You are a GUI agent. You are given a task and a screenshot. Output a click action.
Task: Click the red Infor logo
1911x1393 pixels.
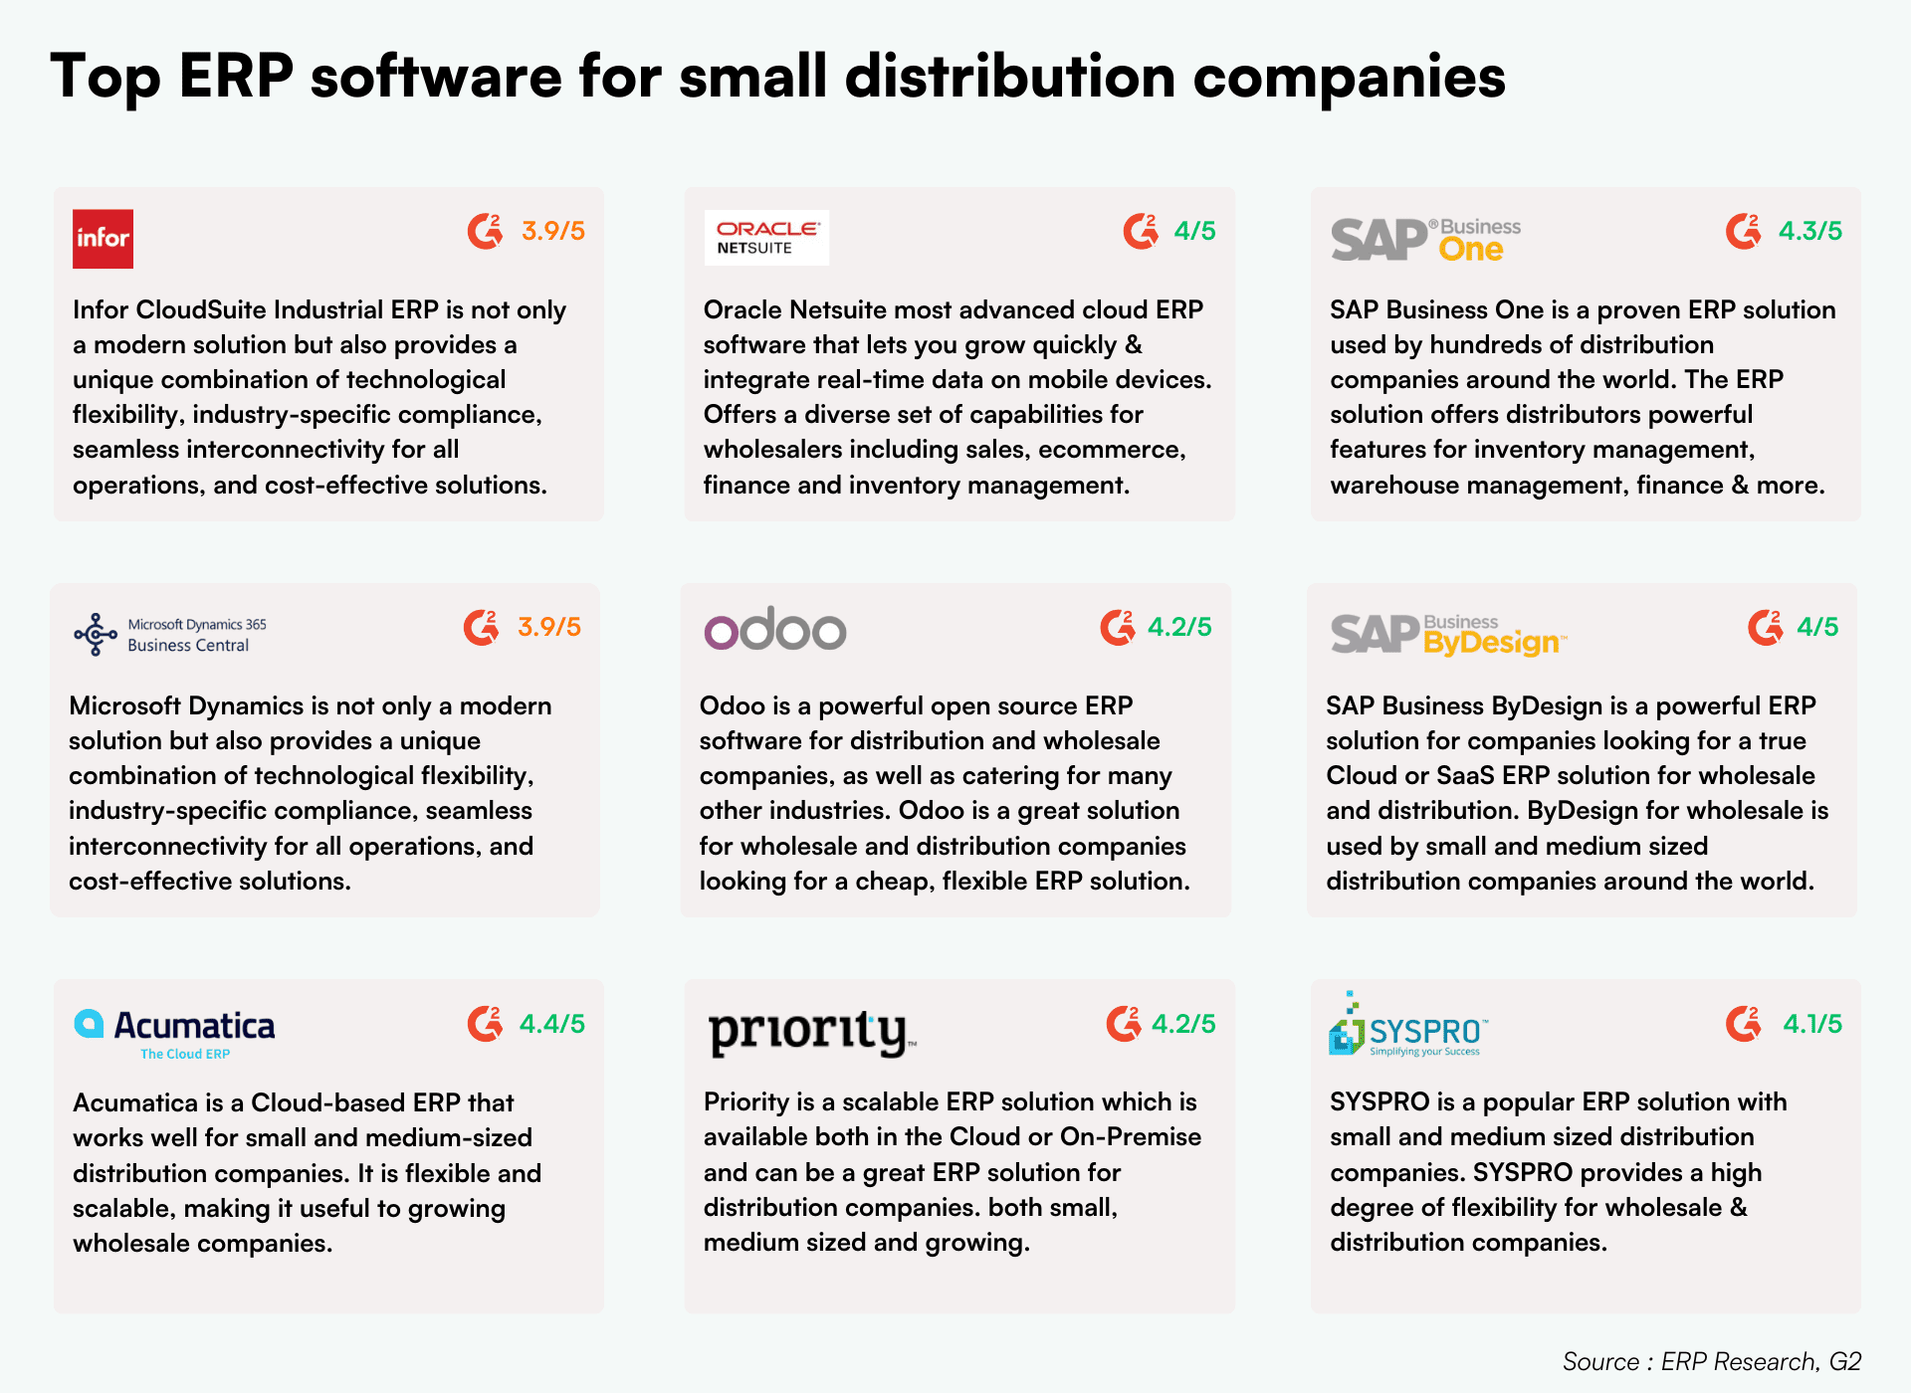103,239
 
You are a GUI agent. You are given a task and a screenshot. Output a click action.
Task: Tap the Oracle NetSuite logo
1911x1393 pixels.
766,238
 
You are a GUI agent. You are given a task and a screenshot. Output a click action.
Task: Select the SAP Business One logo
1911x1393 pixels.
1425,240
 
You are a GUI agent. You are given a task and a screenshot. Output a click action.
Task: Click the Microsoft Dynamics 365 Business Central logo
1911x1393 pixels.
170,634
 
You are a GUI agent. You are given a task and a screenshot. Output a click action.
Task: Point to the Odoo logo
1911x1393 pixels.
774,630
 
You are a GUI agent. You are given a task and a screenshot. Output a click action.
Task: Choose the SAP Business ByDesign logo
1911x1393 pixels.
1447,635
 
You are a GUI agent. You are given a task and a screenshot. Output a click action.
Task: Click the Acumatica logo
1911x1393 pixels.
175,1032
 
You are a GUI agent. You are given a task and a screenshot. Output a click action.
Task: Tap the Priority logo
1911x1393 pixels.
810,1032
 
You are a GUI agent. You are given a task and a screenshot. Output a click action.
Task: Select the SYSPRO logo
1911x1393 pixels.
1407,1026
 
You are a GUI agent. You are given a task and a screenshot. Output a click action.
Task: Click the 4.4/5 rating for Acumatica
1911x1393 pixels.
551,1024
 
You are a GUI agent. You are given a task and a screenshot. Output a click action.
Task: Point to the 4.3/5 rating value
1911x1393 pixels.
1809,231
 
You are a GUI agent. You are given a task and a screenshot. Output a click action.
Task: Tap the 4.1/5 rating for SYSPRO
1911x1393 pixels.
1811,1024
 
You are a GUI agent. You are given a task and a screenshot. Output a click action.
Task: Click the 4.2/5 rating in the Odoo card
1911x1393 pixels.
1179,627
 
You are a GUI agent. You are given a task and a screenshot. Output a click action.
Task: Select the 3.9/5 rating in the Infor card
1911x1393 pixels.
552,231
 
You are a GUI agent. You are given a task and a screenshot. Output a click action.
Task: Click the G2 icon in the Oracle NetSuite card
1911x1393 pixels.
1141,231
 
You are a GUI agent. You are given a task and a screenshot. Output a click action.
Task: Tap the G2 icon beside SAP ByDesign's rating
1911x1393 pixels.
1765,627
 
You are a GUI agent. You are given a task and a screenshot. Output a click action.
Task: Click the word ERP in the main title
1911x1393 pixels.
236,76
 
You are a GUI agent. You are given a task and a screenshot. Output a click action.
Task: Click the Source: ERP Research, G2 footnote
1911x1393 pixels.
1711,1361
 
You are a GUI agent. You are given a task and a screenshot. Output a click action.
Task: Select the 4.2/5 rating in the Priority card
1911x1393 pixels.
1183,1024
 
